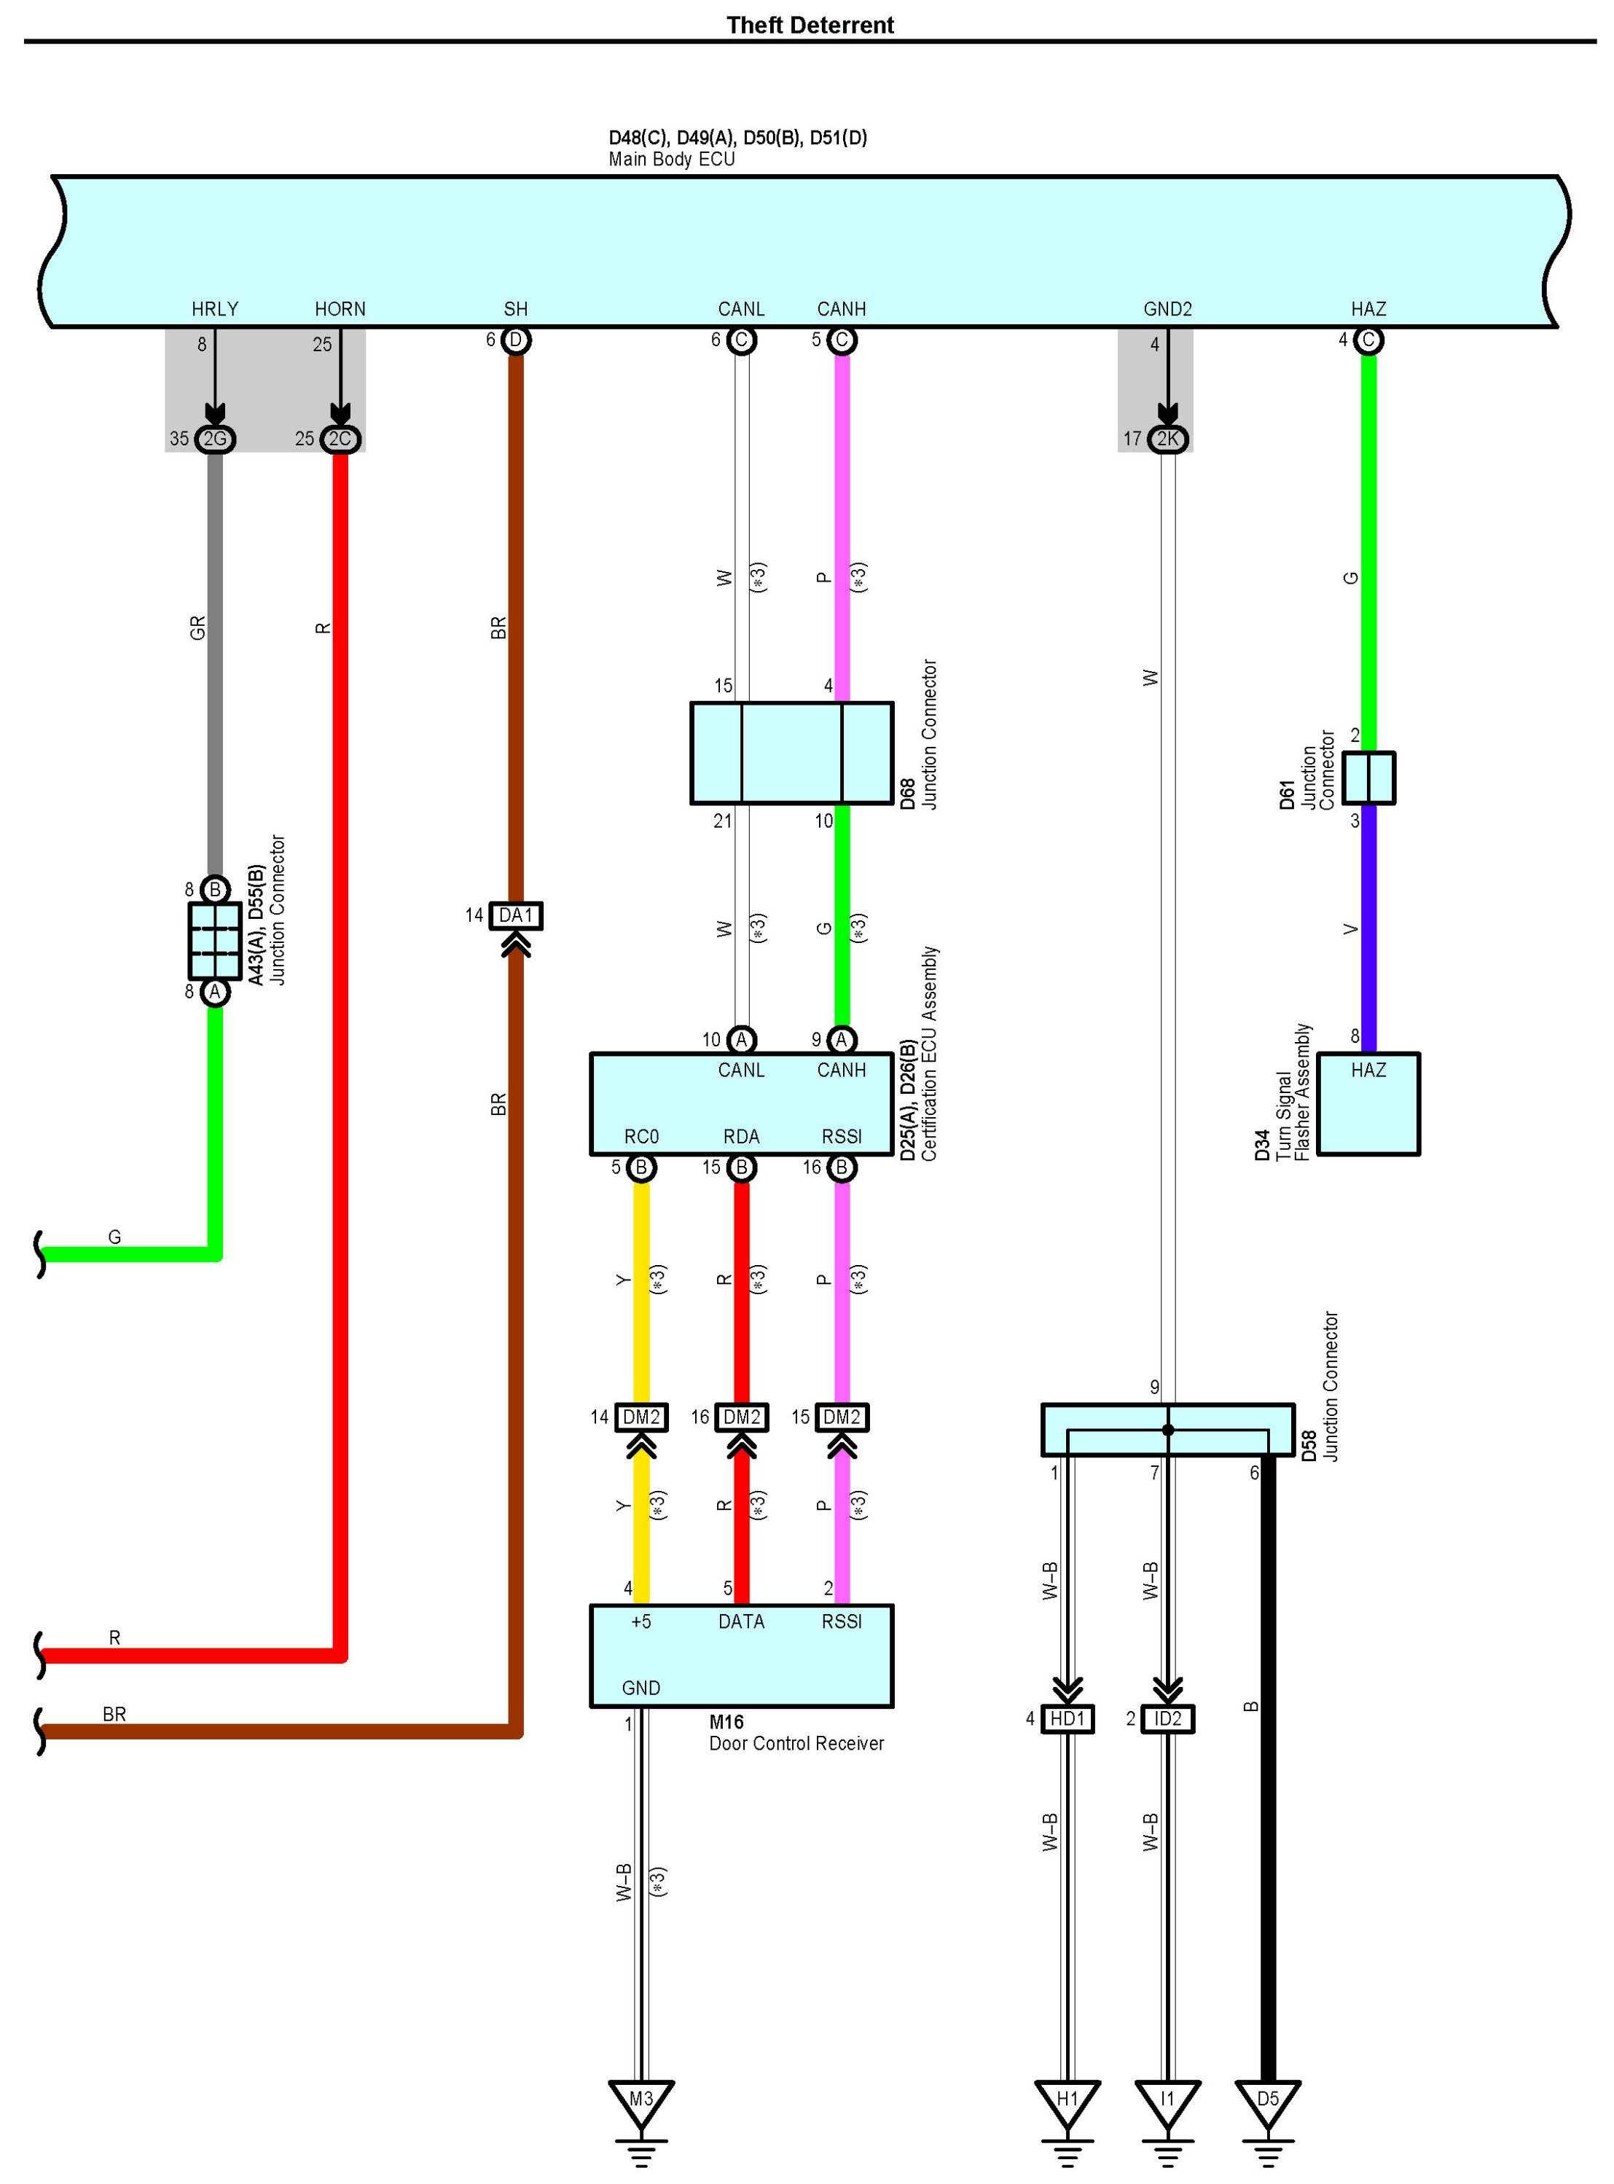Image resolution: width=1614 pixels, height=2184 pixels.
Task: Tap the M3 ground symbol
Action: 641,2101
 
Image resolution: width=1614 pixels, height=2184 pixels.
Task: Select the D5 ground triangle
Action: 1267,2101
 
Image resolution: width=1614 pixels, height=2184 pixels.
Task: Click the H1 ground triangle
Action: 1067,2101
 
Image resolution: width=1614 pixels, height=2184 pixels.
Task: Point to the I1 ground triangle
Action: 1167,2101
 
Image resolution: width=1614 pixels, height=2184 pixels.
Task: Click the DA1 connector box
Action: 515,915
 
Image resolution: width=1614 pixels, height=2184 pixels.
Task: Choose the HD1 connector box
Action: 1067,1718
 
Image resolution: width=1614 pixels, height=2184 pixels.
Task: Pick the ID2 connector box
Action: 1167,1718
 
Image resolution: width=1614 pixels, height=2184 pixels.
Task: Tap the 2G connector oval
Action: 215,439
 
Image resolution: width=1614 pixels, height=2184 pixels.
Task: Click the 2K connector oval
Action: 1167,439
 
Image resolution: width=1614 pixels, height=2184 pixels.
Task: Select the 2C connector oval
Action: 340,439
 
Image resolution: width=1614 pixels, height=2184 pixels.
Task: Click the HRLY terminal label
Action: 215,309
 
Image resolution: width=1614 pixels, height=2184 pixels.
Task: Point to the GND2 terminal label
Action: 1167,309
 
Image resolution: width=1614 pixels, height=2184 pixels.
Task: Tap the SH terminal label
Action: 516,309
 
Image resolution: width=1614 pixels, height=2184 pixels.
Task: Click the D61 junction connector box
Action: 1368,778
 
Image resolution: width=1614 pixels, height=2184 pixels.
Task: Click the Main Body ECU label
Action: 671,160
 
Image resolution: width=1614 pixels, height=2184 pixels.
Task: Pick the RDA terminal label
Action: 742,1137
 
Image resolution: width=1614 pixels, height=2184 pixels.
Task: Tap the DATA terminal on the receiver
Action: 742,1621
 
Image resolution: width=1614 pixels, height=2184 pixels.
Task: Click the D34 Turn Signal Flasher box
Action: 1368,1104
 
